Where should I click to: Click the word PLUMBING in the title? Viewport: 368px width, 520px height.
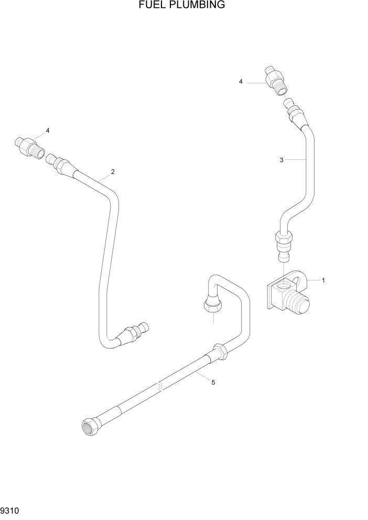196,5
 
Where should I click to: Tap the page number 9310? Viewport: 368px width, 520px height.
10,510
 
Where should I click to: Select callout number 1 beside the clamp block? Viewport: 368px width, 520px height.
323,280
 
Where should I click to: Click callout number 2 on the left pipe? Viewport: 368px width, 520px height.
112,171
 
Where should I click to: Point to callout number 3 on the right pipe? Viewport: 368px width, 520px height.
282,160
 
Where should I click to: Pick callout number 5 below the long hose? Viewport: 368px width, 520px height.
213,383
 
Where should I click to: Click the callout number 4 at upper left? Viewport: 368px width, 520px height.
48,130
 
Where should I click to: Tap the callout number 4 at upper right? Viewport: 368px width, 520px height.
241,81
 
